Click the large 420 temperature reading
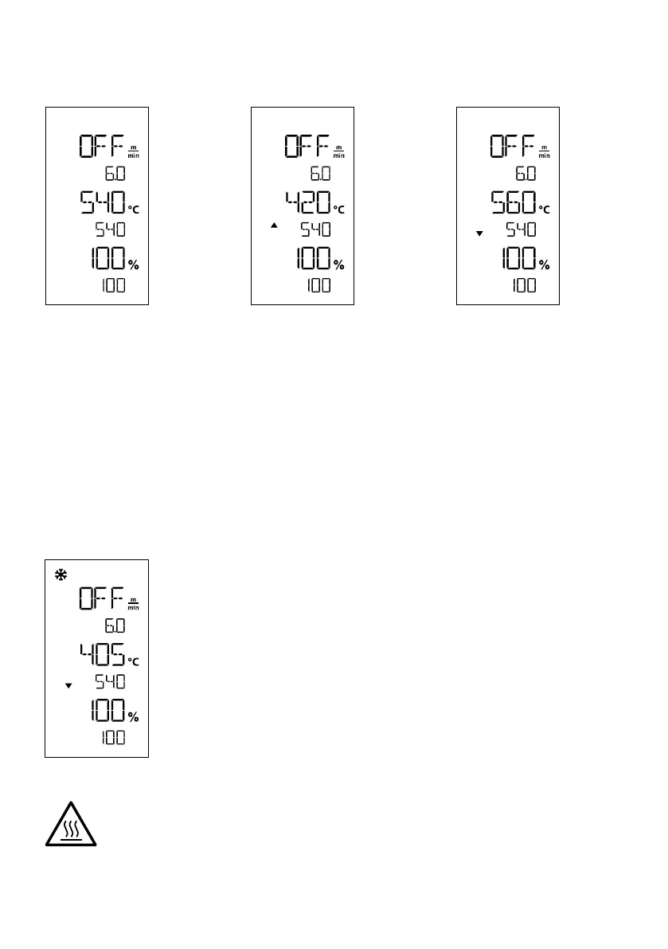pyautogui.click(x=308, y=203)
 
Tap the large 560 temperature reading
pyautogui.click(x=514, y=203)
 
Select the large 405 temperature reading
pyautogui.click(x=102, y=657)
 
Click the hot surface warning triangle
pyautogui.click(x=70, y=822)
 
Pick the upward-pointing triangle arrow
pyautogui.click(x=274, y=226)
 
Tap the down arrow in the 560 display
pyautogui.click(x=479, y=233)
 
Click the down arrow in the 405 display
pyautogui.click(x=68, y=685)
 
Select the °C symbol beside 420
pyautogui.click(x=339, y=209)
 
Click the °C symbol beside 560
pyautogui.click(x=545, y=209)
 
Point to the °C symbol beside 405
pyautogui.click(x=133, y=661)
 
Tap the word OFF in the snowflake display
pyautogui.click(x=102, y=599)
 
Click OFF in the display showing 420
pyautogui.click(x=308, y=147)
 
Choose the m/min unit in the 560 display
pyautogui.click(x=545, y=151)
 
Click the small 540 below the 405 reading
pyautogui.click(x=111, y=683)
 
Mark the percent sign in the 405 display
pyautogui.click(x=133, y=717)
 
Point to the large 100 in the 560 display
pyautogui.click(x=516, y=260)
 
